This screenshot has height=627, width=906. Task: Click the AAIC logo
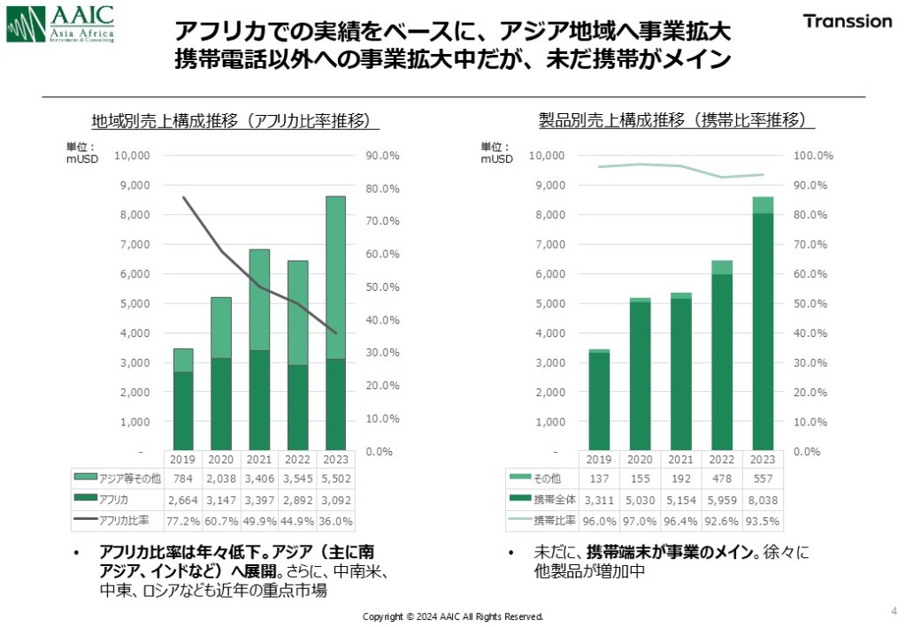click(x=59, y=23)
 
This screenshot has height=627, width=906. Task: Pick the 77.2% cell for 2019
click(x=182, y=519)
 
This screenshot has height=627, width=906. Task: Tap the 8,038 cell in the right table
click(x=762, y=499)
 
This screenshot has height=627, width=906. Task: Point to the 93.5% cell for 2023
click(x=762, y=519)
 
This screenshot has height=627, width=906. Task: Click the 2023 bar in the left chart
click(x=336, y=323)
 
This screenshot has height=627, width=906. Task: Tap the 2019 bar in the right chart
click(x=599, y=400)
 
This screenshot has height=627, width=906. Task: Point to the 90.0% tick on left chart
click(x=382, y=156)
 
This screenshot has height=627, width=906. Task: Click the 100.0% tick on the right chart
click(x=812, y=156)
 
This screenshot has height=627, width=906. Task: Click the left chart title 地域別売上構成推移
click(x=230, y=121)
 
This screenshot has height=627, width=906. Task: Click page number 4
click(x=891, y=610)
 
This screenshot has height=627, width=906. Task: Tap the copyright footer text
click(x=453, y=616)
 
